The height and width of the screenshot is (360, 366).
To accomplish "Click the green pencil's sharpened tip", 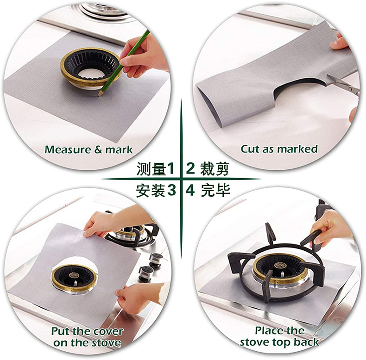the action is (99, 95).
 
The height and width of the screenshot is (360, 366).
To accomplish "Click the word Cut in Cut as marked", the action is (250, 149).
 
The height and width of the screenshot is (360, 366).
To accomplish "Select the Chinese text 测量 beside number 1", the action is (151, 169).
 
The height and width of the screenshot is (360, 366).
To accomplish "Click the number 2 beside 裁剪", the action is (190, 168).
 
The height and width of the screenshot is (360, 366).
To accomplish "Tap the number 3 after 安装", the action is (171, 190).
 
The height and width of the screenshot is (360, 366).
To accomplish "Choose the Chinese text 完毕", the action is (215, 190).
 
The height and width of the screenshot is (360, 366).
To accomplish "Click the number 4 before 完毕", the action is (190, 190).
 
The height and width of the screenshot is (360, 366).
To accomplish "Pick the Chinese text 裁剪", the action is (215, 168).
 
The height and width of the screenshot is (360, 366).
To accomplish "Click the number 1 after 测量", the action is (171, 168).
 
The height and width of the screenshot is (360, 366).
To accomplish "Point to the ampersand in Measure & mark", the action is (98, 149).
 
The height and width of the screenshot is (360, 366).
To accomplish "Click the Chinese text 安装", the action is (151, 190).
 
